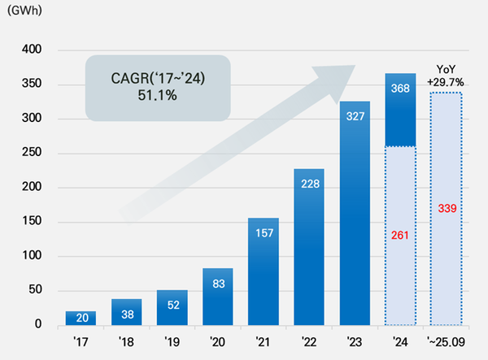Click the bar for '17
[x=81, y=317]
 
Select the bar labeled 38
[x=126, y=312]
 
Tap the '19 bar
[x=172, y=307]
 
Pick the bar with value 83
[x=218, y=297]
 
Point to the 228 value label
[x=310, y=182]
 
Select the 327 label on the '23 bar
[x=355, y=115]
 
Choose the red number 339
[x=446, y=209]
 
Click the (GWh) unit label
[x=23, y=11]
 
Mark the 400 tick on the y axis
[x=44, y=51]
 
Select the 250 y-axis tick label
[x=44, y=154]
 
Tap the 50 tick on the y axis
[x=47, y=291]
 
